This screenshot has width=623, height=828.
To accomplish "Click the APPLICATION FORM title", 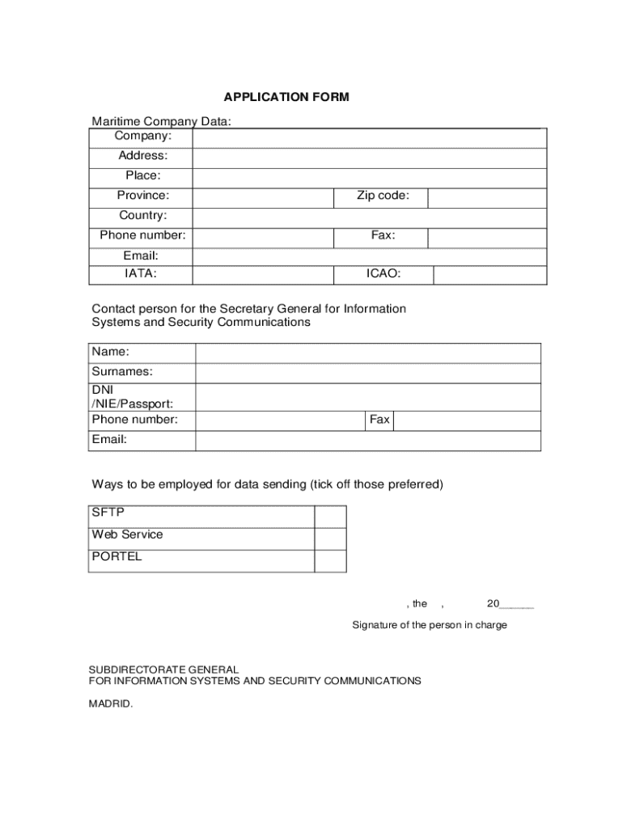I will click(286, 98).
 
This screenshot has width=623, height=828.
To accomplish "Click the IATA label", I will click(141, 274).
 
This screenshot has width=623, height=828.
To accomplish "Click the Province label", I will click(143, 196).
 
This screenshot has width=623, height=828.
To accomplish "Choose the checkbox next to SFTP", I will click(330, 517).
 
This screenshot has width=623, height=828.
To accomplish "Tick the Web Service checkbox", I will click(330, 539).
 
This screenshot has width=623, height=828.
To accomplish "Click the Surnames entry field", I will click(368, 373).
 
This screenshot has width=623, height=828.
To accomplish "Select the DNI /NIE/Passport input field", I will click(368, 397).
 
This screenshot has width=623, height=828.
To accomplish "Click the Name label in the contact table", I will click(110, 352).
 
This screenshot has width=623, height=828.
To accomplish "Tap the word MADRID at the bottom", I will click(110, 703).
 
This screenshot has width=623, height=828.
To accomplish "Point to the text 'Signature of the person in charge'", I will click(430, 625).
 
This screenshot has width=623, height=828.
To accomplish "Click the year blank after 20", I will click(517, 604).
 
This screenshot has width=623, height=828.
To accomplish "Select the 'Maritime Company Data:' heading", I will click(161, 121).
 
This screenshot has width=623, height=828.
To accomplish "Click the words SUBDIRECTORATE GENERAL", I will click(163, 670).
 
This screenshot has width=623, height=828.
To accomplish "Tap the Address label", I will click(143, 155).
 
